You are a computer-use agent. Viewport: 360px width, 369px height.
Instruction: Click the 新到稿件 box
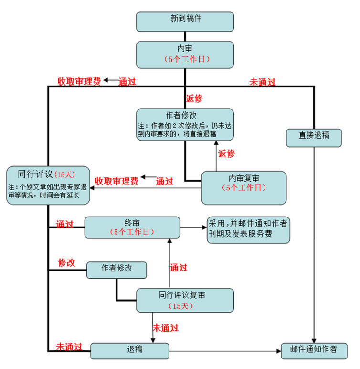(x=185, y=22)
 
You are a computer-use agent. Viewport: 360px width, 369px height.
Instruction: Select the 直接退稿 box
(x=314, y=138)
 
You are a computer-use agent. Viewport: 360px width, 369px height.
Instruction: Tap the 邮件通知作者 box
(x=314, y=351)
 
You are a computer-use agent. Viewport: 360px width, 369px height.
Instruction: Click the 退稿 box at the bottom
(x=130, y=351)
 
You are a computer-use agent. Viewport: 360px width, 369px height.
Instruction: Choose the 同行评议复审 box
(x=185, y=300)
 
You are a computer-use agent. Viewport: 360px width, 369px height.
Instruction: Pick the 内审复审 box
(x=244, y=188)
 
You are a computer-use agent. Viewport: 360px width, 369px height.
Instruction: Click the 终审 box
(x=132, y=228)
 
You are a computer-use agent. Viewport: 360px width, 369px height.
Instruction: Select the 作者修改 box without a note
(x=116, y=270)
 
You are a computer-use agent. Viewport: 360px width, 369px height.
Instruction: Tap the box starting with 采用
(x=248, y=230)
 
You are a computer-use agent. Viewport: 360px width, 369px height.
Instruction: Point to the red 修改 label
(x=66, y=262)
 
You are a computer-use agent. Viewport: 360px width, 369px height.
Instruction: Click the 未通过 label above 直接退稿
(x=263, y=82)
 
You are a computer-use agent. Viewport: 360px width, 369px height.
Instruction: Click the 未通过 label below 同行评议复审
(x=166, y=328)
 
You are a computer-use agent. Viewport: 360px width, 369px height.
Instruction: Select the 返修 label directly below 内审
(x=194, y=98)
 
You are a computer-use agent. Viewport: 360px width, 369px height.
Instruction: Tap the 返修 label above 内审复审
(x=226, y=153)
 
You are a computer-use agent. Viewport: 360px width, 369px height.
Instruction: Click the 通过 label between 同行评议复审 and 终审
(x=179, y=268)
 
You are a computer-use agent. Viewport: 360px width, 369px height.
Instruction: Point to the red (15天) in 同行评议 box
(x=64, y=174)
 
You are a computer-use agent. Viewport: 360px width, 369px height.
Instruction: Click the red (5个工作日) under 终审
(x=132, y=232)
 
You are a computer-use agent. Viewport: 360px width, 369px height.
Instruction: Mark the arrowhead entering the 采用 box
(x=204, y=228)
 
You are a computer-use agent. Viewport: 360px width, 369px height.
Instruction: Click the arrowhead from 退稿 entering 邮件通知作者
(x=279, y=351)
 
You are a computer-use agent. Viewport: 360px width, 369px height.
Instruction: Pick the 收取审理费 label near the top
(x=79, y=81)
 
